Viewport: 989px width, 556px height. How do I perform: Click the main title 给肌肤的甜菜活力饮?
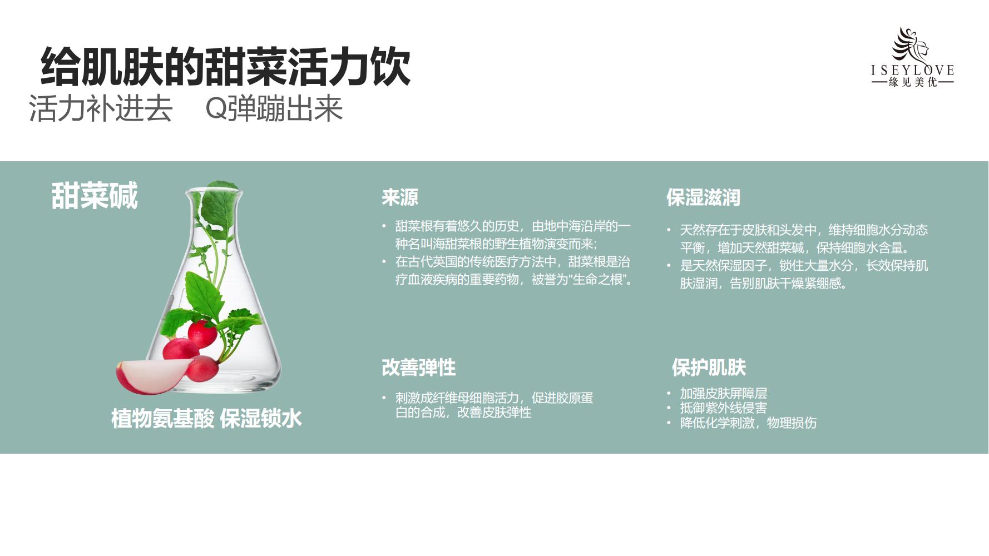[226, 67]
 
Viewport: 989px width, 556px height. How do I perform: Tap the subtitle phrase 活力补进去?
[101, 108]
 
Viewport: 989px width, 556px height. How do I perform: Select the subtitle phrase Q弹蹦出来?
[274, 108]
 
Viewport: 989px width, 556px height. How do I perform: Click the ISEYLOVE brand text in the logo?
[913, 70]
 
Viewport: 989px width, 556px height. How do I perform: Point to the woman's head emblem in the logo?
[910, 44]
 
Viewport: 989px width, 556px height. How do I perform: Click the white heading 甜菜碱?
[95, 196]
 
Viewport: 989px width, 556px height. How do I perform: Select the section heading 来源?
[400, 197]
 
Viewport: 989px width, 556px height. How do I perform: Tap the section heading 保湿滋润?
[703, 197]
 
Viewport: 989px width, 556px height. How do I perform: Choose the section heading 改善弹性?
[419, 368]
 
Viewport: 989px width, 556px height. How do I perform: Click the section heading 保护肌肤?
[709, 368]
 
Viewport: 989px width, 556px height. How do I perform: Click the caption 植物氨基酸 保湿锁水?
[206, 419]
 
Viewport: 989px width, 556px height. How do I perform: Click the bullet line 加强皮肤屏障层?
[724, 394]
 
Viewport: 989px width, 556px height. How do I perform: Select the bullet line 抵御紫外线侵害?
[724, 408]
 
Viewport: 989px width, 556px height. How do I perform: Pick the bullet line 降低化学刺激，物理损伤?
[748, 423]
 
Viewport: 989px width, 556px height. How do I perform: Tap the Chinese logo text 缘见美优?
[913, 82]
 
